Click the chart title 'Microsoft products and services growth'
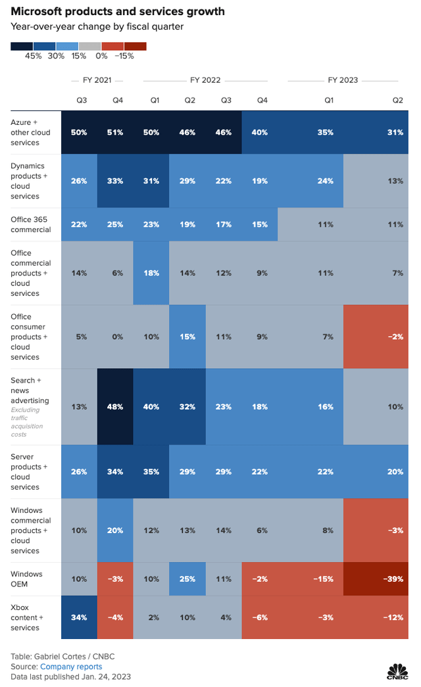point(118,11)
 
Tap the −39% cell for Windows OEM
point(393,579)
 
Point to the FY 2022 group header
point(205,80)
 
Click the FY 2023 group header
point(343,80)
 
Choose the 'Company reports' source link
point(76,666)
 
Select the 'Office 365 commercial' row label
point(31,225)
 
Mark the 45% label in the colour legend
point(34,56)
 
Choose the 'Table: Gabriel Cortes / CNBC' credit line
point(59,656)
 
